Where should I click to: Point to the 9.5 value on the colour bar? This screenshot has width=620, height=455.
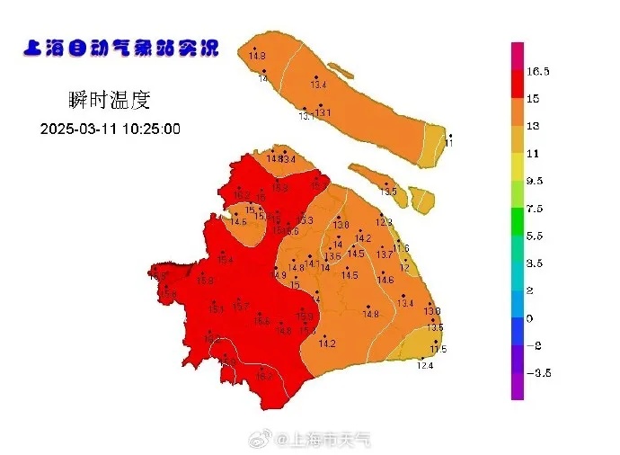[536, 181]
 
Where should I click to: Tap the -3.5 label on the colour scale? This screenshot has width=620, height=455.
[537, 372]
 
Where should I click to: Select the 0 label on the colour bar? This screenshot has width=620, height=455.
[529, 318]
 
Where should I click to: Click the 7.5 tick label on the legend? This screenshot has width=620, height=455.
[536, 209]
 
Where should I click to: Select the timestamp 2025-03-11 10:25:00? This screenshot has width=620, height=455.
[111, 129]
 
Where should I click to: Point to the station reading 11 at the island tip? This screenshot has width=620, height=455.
[449, 143]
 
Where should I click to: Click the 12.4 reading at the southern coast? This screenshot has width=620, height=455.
[425, 365]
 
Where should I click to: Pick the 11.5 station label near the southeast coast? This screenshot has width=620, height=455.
[438, 349]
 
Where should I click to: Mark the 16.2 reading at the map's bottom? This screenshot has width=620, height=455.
[264, 377]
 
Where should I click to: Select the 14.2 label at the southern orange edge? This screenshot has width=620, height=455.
[327, 343]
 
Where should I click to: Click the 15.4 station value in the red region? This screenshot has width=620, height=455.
[225, 260]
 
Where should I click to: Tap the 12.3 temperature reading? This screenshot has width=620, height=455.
[384, 221]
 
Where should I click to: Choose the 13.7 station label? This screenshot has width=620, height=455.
[385, 254]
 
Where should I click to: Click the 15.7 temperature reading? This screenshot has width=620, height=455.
[240, 308]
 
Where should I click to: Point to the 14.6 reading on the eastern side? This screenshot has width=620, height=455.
[385, 281]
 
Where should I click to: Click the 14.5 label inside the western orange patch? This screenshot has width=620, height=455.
[238, 221]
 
